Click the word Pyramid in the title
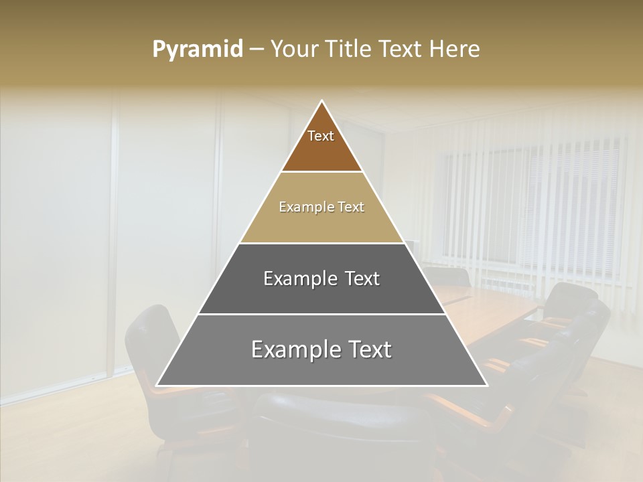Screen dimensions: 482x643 point(197,50)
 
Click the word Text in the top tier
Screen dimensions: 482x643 point(321,136)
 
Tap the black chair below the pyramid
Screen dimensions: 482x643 point(335,428)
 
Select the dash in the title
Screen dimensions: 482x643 point(257,50)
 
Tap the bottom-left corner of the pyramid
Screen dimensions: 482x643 point(157,386)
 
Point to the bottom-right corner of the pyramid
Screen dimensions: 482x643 point(487,386)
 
